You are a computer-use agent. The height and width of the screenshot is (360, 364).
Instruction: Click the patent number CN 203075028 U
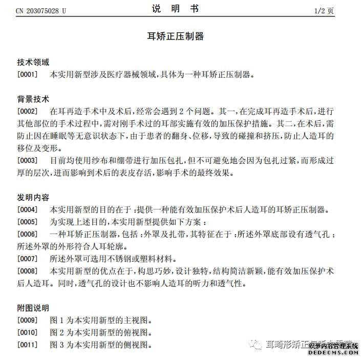[x=41, y=10]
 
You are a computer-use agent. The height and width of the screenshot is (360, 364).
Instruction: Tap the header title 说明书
[x=182, y=9]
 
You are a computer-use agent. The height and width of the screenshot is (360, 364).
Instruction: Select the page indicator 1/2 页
[x=324, y=10]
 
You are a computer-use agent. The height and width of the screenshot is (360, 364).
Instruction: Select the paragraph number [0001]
[x=28, y=75]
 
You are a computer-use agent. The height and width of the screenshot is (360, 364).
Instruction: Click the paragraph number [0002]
[x=28, y=111]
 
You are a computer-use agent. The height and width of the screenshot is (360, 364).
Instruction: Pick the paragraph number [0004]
[x=28, y=210]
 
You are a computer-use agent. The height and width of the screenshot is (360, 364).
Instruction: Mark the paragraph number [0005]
[x=28, y=222]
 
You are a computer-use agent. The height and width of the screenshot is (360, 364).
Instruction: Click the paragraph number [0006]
[x=28, y=235]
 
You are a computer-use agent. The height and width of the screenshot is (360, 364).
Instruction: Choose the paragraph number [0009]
[x=28, y=321]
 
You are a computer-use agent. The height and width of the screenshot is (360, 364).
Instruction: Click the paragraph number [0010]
[x=28, y=333]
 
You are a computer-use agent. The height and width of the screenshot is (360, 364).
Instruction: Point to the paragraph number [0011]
[x=28, y=345]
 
